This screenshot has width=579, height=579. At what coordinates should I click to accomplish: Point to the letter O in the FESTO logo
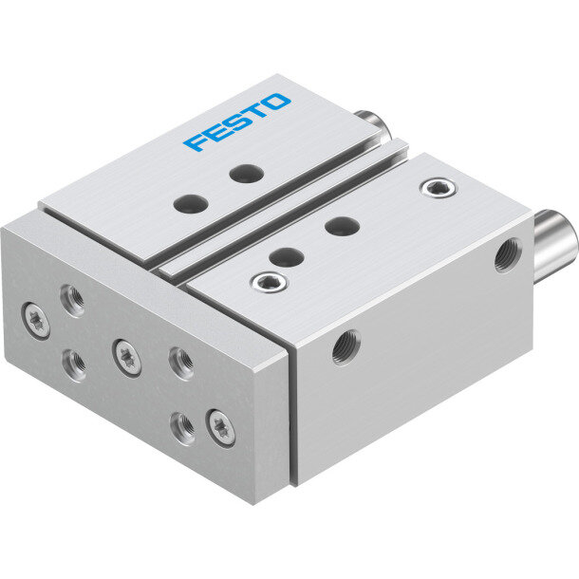[276, 102]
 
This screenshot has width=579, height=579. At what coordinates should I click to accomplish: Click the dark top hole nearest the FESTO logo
[246, 173]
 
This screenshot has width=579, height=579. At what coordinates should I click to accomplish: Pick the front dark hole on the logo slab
[191, 204]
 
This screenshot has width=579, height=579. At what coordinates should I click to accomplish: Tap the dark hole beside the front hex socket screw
[287, 257]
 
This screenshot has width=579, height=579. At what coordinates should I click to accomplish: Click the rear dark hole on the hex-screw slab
[343, 226]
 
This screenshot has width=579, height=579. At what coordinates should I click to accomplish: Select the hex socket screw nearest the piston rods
[439, 188]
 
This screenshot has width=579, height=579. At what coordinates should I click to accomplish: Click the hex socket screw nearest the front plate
[269, 283]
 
